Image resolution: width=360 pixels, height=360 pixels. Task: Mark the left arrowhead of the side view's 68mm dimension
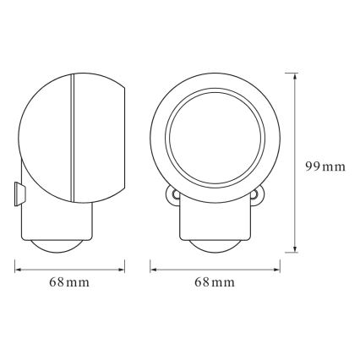click(x=19, y=270)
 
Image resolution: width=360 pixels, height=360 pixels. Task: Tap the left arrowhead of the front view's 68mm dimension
click(x=153, y=270)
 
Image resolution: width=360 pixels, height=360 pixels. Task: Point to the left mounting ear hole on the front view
click(x=173, y=195)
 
